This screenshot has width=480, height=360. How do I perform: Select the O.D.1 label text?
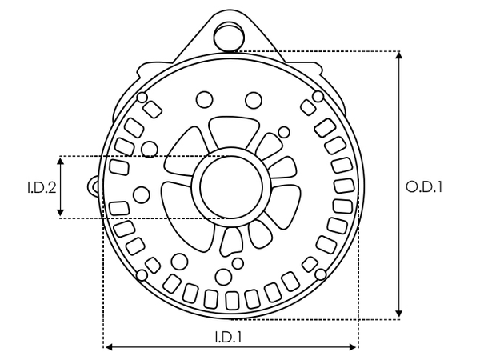pos(425,186)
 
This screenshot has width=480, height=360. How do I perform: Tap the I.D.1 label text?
pos(229,338)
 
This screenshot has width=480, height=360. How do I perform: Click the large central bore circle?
pos(230,186)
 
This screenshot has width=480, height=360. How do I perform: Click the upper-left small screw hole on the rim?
pos(142,98)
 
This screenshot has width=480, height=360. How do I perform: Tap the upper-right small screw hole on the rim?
pos(318,97)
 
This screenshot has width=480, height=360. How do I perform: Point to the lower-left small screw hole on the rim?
pos(142,276)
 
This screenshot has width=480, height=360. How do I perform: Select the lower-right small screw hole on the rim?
pos(320,275)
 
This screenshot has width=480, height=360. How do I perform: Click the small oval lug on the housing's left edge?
pos(94,187)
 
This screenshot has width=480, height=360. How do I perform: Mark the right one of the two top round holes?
pos(254,99)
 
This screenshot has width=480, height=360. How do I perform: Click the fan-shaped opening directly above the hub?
pos(230,134)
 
